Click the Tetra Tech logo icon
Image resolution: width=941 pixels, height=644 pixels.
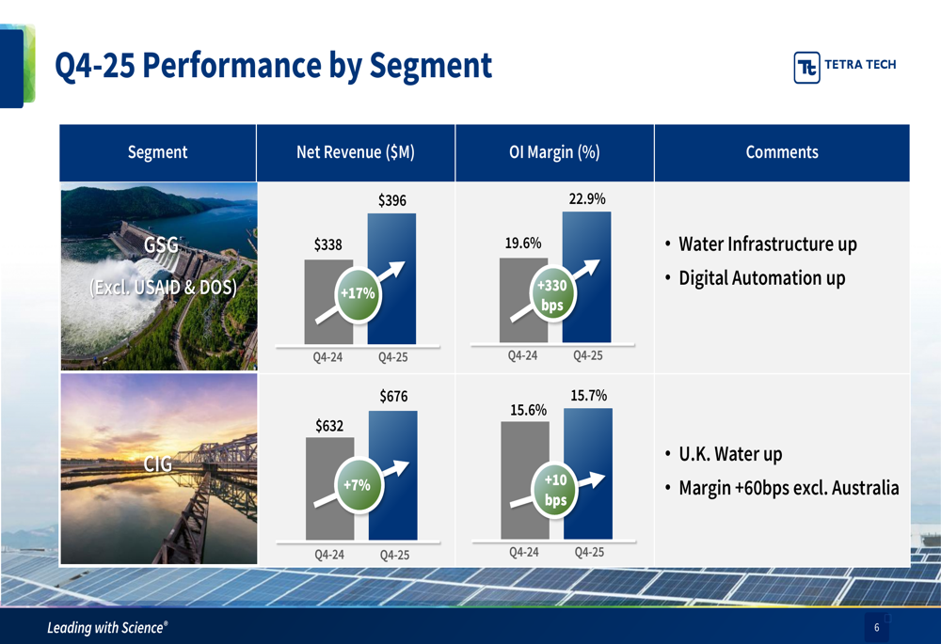[806, 67]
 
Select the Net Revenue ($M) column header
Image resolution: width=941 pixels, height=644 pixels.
[356, 152]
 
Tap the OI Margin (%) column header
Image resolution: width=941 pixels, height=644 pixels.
[554, 152]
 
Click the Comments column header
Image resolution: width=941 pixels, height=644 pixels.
[782, 152]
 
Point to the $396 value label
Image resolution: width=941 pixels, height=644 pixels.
[391, 200]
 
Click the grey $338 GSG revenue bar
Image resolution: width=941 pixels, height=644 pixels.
[328, 302]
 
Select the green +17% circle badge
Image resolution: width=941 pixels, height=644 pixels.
[358, 294]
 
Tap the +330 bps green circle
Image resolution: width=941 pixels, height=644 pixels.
[552, 295]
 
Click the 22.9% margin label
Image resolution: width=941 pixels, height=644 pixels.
[587, 198]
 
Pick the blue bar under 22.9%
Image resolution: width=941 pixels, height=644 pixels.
[586, 277]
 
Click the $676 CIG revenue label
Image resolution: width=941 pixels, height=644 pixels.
[393, 397]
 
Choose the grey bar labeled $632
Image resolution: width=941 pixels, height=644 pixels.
[329, 488]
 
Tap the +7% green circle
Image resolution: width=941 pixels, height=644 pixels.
[358, 485]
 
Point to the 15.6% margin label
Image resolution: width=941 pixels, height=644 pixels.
[528, 410]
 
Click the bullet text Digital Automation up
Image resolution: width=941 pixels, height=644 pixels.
[761, 278]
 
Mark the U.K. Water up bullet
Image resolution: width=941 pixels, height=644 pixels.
[730, 454]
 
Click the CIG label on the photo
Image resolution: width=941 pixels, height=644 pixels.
[158, 463]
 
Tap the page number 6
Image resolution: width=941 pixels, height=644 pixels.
[876, 627]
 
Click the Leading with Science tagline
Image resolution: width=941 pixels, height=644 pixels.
[107, 628]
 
